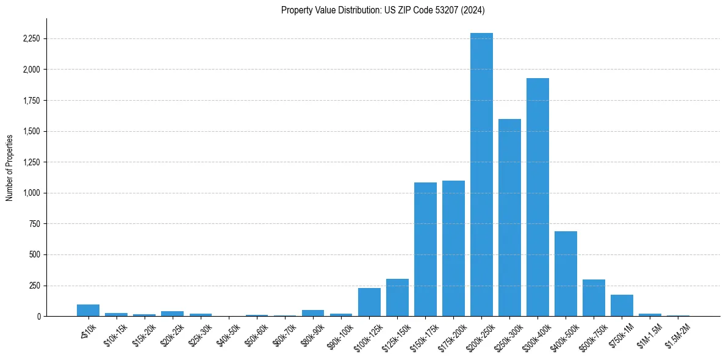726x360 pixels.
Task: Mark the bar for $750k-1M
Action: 622,305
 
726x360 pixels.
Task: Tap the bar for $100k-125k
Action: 369,302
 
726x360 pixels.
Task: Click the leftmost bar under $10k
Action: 88,310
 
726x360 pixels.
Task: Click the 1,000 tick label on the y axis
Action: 32,193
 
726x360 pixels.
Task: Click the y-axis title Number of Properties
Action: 10,167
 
